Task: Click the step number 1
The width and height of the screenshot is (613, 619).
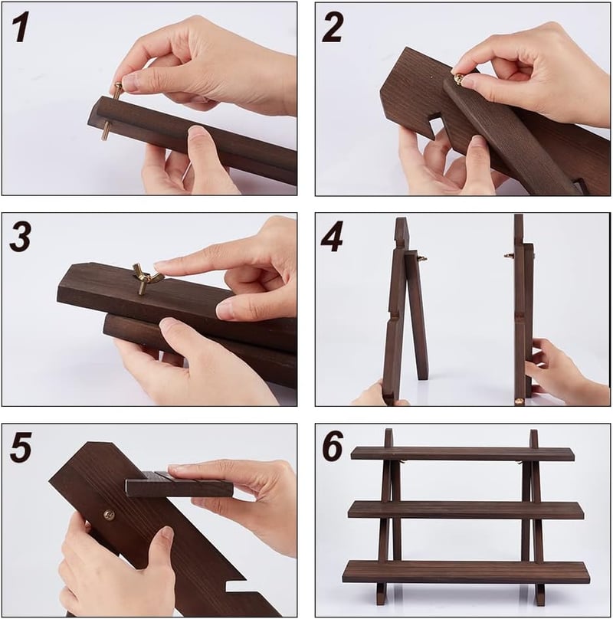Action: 21,28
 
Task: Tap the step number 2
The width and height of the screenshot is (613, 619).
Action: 333,28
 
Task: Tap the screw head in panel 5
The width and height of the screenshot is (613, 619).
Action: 109,515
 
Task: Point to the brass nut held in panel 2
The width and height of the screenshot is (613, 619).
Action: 459,78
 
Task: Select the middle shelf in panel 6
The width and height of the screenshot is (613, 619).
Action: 465,509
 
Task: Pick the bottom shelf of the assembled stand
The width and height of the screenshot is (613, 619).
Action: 466,572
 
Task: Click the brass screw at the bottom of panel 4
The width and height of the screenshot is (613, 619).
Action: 520,401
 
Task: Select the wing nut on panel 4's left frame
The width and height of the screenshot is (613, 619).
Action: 422,259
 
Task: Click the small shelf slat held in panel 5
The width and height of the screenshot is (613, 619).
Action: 180,484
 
